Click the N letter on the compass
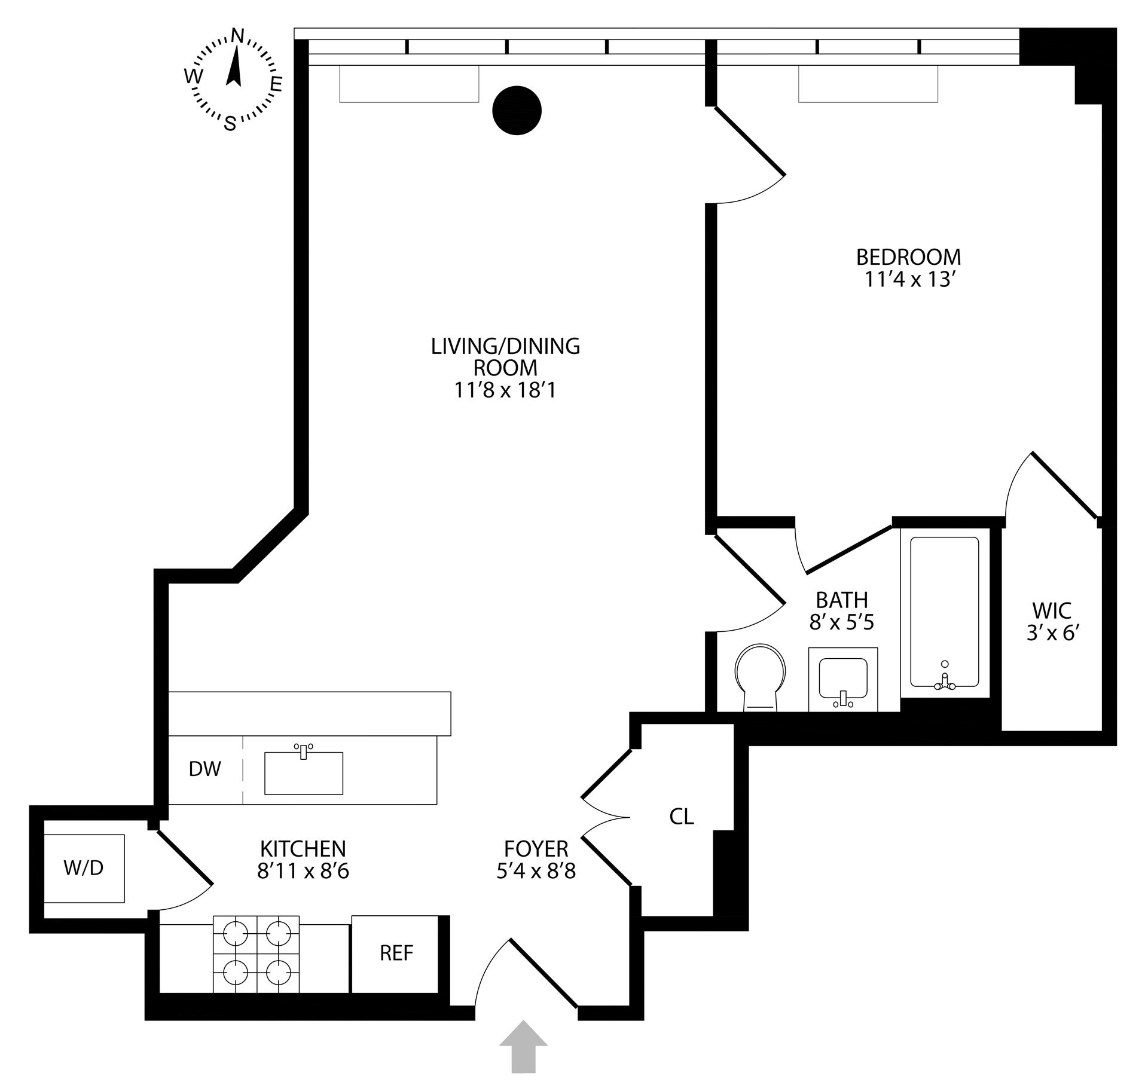[x=237, y=36]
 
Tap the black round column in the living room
[x=517, y=110]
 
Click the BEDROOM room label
[x=908, y=257]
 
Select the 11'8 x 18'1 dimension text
[x=505, y=390]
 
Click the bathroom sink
[x=843, y=680]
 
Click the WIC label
[x=1052, y=610]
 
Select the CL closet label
[x=682, y=817]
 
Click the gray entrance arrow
[x=523, y=1046]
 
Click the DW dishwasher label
[x=205, y=769]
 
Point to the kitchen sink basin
[x=304, y=773]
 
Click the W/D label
[x=84, y=868]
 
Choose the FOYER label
[x=536, y=848]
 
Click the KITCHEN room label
[x=303, y=848]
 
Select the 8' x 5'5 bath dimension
[x=842, y=622]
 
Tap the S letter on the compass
[x=230, y=124]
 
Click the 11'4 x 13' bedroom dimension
[x=908, y=280]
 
